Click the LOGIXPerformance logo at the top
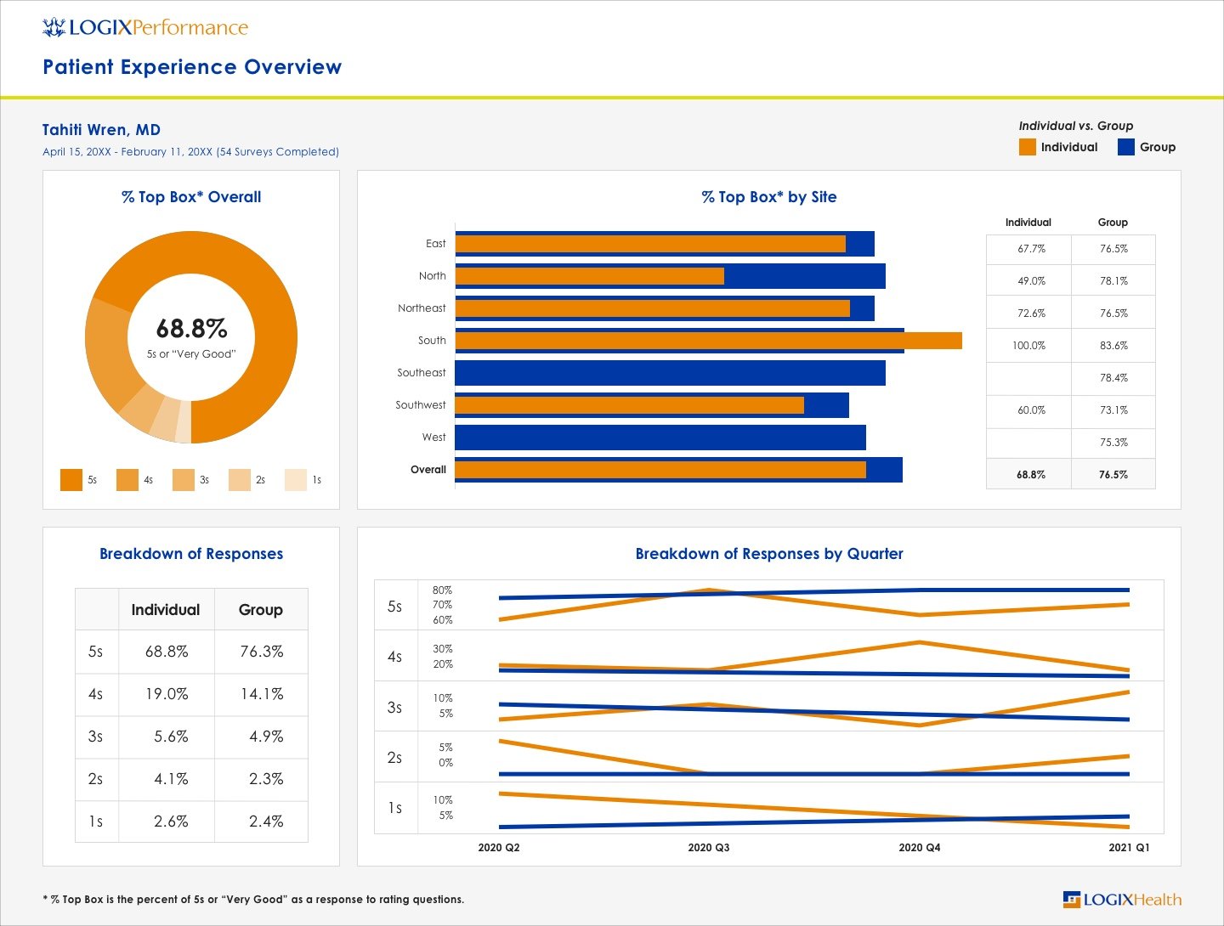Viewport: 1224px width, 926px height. (x=145, y=27)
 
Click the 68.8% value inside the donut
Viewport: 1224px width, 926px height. (x=191, y=328)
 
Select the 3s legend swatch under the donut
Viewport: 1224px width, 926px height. (x=184, y=480)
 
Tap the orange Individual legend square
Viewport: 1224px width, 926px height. (x=1028, y=147)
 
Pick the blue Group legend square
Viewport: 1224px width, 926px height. (x=1126, y=147)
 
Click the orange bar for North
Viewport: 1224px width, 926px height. (x=589, y=276)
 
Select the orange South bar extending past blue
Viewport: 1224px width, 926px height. (x=933, y=341)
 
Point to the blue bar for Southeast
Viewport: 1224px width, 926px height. (x=670, y=373)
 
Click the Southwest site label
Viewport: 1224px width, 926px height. (x=420, y=405)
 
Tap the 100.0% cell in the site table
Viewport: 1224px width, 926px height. (x=1028, y=346)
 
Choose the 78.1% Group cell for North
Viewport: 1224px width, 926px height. (x=1113, y=281)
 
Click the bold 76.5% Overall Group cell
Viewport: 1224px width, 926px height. (x=1113, y=475)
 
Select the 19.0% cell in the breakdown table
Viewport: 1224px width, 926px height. (x=167, y=694)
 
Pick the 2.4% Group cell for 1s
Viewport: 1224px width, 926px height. (x=266, y=822)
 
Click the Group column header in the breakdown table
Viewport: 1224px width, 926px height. (x=260, y=610)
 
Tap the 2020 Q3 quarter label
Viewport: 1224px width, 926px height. (x=708, y=848)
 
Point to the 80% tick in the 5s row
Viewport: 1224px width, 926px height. (x=442, y=590)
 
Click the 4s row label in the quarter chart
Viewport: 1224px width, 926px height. (x=394, y=657)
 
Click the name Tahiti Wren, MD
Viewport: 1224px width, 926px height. (x=101, y=130)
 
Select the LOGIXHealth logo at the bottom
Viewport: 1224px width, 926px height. (x=1122, y=900)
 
